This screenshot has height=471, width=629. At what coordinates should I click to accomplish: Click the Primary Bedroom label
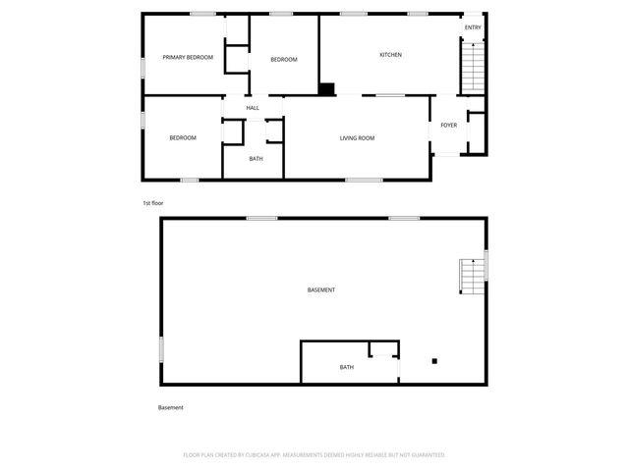point(188,58)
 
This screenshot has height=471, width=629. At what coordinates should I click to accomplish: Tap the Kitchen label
point(391,55)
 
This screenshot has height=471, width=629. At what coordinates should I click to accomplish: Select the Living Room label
point(358,138)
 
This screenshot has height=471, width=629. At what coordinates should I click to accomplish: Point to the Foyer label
point(448,126)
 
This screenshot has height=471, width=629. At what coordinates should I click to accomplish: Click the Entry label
point(473,27)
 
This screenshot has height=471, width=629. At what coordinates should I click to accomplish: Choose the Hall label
point(253,108)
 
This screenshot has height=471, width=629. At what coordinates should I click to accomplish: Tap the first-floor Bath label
point(256,159)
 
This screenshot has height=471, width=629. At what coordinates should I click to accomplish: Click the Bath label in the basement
point(347,368)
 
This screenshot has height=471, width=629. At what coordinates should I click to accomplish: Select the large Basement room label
point(321,290)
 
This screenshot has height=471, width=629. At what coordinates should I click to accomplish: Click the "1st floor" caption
point(152,202)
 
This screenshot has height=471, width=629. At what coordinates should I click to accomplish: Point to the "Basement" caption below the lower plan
point(171,407)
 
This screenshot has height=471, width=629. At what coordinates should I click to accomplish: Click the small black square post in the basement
point(434,361)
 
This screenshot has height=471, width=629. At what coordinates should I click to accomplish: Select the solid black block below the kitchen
point(326,89)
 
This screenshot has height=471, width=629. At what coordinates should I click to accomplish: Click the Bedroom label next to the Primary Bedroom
point(284,60)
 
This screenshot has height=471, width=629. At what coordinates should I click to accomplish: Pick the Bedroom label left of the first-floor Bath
point(183,138)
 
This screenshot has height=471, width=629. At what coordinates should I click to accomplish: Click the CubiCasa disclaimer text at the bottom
point(314,455)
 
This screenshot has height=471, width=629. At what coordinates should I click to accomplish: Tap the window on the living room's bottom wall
point(364,180)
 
